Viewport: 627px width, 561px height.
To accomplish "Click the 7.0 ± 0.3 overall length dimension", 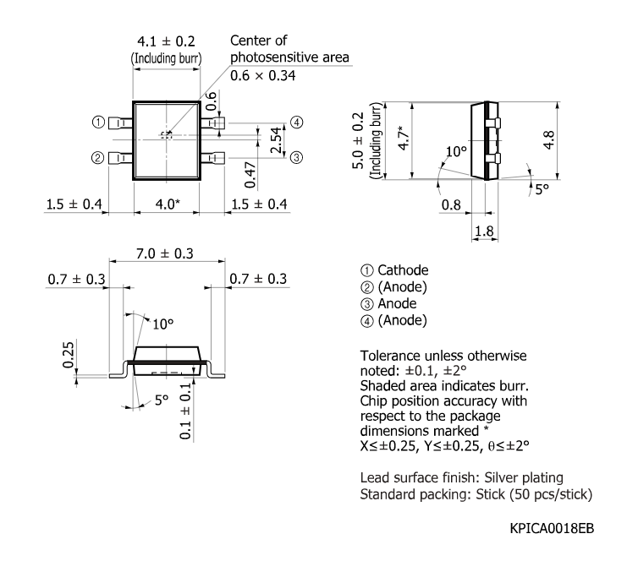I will tap(165, 253).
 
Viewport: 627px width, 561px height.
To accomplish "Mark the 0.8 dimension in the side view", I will tap(451, 204).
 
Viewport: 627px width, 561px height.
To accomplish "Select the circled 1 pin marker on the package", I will tap(99, 123).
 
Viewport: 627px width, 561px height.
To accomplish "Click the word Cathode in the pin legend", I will tap(403, 270).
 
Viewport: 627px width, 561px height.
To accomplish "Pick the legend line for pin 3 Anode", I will tap(393, 303).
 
